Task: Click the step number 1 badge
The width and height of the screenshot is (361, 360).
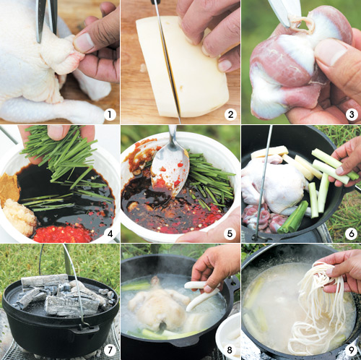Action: (110, 115)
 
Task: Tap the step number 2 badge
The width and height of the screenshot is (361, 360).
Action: (230, 115)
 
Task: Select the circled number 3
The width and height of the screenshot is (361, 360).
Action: (352, 115)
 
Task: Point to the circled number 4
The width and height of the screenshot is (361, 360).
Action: (110, 233)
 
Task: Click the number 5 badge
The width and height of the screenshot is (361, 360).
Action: (230, 233)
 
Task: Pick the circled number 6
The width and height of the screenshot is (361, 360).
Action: (351, 233)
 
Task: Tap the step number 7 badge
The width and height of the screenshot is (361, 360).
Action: (110, 350)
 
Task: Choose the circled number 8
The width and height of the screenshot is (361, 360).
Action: (230, 350)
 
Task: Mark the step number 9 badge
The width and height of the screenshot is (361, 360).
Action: (351, 350)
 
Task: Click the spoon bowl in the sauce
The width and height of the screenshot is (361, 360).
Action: (170, 171)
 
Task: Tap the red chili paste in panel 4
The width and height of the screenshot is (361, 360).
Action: (63, 233)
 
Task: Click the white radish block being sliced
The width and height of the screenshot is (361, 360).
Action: (182, 67)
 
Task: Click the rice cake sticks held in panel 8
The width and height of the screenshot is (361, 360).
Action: (201, 293)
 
